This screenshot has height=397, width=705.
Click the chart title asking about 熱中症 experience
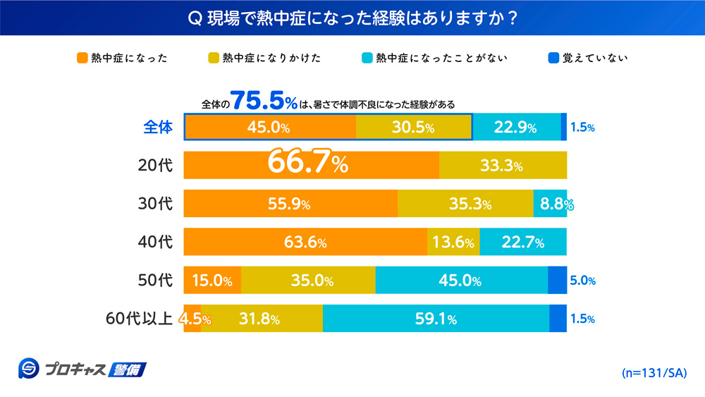coord(352,17)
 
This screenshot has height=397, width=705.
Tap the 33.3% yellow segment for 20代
coord(503,166)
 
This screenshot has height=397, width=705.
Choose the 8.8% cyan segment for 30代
coord(551,204)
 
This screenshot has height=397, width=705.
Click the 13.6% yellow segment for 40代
coord(453,243)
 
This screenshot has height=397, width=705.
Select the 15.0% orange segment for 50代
coord(212,281)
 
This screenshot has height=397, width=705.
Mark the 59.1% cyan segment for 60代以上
coord(436,319)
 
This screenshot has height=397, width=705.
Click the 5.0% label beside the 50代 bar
coord(582,281)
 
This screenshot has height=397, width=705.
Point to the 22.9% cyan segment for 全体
coord(515,128)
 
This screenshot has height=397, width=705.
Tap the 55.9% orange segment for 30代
coord(290,204)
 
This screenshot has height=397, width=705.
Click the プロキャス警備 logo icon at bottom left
coord(30,369)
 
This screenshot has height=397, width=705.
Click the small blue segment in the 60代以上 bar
coord(558,319)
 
